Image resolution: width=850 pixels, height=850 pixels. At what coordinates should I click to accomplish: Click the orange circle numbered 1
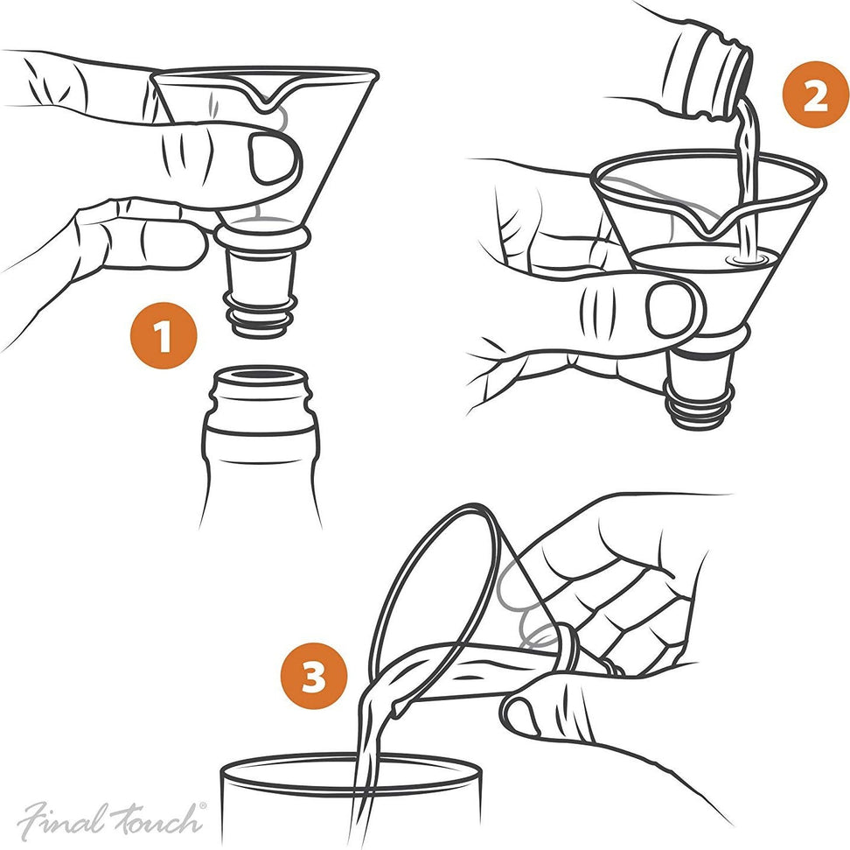point(164,337)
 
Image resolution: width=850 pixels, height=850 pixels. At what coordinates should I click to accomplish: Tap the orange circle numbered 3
point(314,677)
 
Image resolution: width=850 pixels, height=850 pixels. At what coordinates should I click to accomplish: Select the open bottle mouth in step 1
point(260,378)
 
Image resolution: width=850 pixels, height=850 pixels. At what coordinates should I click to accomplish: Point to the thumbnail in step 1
point(272,158)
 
